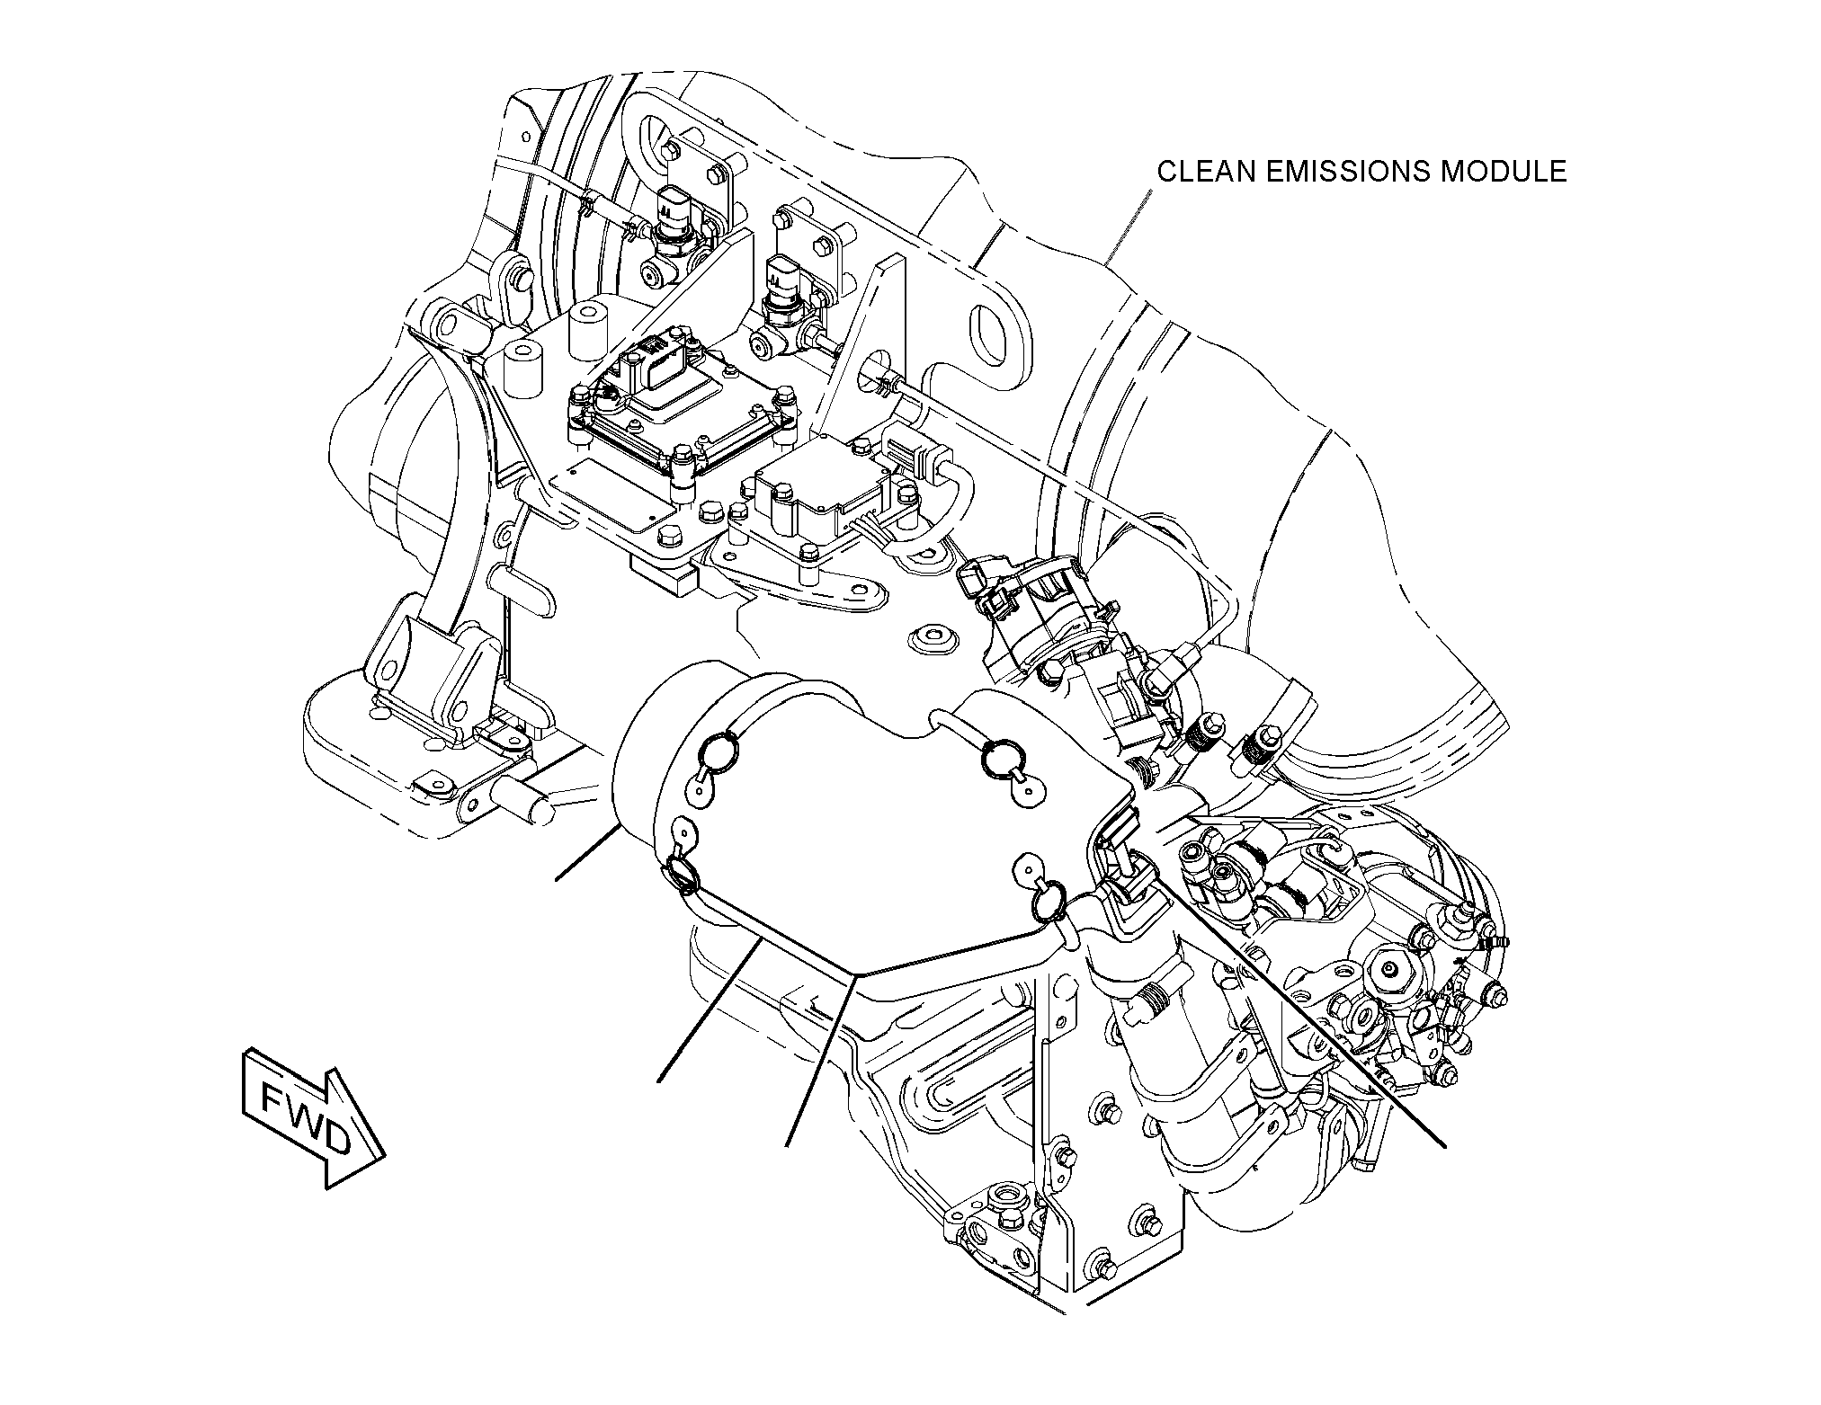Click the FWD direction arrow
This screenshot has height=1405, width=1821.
pos(312,1127)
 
